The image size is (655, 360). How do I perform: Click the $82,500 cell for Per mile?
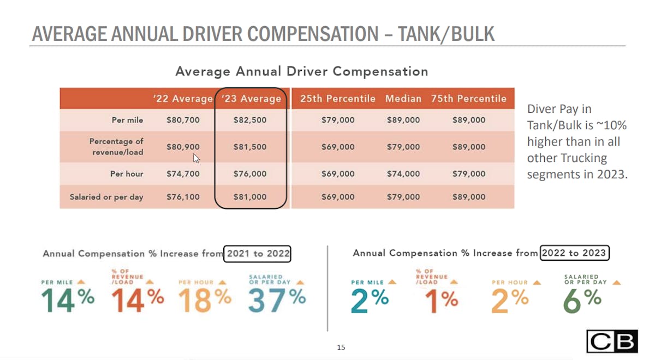point(250,120)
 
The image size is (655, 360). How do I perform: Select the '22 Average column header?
point(182,99)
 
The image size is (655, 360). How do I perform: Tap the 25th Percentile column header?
point(338,99)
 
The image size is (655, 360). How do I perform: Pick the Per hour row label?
point(127,174)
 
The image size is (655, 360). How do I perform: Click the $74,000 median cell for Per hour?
point(403,174)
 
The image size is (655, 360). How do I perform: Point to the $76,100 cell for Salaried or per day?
point(183,197)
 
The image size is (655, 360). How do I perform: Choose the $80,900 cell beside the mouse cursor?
point(183,147)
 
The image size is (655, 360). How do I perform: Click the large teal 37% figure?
point(277,299)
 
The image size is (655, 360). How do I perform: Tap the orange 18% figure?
point(205,299)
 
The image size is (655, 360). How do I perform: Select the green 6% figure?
point(582,299)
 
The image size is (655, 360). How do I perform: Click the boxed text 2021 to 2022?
point(258,254)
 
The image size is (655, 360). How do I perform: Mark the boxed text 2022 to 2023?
point(574,253)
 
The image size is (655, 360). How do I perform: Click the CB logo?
point(611,341)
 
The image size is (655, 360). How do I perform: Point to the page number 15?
point(341,347)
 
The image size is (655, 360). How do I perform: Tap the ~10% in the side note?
point(614,125)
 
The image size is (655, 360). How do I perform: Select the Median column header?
point(403,99)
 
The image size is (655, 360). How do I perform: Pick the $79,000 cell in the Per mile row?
point(338,120)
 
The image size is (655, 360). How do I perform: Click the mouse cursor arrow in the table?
point(196,158)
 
